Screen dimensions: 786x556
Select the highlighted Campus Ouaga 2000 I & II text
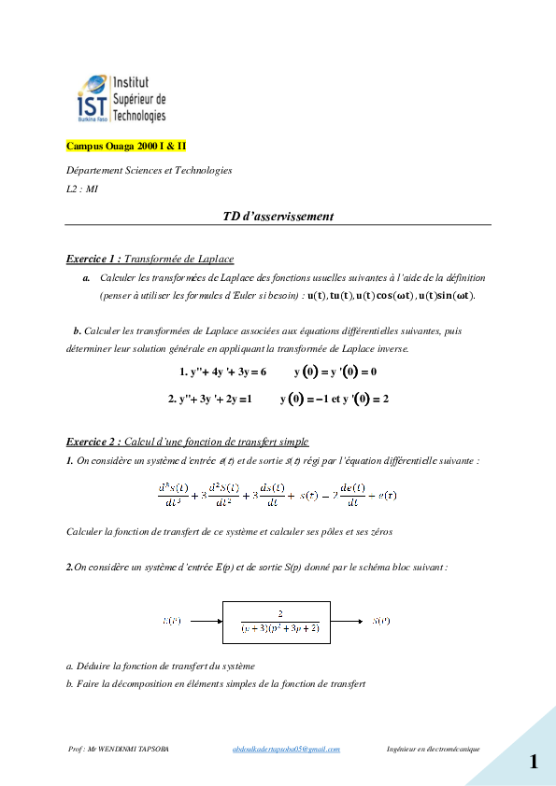pyautogui.click(x=126, y=147)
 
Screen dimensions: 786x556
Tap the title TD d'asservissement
pyautogui.click(x=278, y=216)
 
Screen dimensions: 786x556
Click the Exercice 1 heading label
pyautogui.click(x=93, y=259)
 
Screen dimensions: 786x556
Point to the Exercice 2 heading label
pyautogui.click(x=93, y=441)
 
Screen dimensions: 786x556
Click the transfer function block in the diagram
pyautogui.click(x=277, y=621)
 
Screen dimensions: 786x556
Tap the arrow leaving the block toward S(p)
pyautogui.click(x=347, y=621)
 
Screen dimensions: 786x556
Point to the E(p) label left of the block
pyautogui.click(x=172, y=621)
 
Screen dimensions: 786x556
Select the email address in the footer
pyautogui.click(x=286, y=749)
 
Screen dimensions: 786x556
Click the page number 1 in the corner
pyautogui.click(x=533, y=762)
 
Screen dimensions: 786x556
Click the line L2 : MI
pyautogui.click(x=82, y=189)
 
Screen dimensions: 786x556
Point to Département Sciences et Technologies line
pyautogui.click(x=150, y=170)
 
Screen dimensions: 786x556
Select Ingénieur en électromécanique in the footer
pyautogui.click(x=433, y=749)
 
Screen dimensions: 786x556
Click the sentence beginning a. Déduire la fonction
pyautogui.click(x=161, y=666)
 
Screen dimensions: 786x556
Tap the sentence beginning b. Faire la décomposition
pyautogui.click(x=215, y=684)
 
